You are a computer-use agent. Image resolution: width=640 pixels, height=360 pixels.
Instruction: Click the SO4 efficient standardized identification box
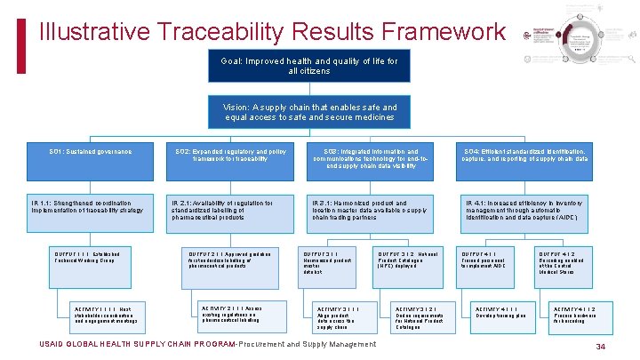point(526,162)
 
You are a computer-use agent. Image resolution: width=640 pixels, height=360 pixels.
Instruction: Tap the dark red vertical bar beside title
point(22,32)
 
